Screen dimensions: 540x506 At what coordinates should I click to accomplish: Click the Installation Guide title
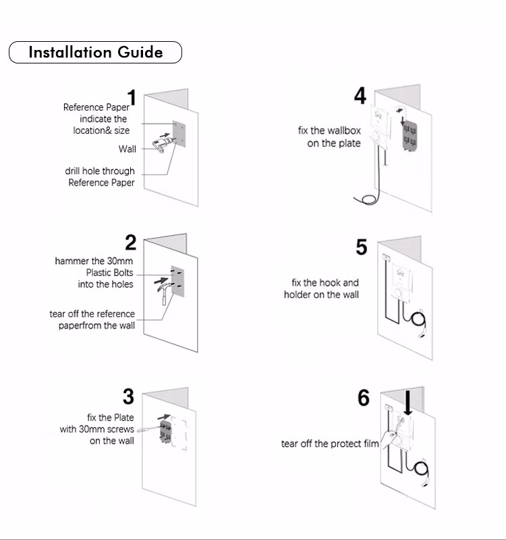[x=95, y=53]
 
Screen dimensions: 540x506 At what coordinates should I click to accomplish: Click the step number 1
[x=132, y=99]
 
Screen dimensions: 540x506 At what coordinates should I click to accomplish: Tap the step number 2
[x=131, y=243]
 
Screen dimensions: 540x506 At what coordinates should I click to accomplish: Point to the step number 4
[x=360, y=97]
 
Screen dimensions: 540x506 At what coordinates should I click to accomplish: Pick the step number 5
[x=362, y=247]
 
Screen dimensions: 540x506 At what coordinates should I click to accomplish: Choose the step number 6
[x=363, y=398]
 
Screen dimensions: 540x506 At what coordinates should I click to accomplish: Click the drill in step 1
[x=163, y=144]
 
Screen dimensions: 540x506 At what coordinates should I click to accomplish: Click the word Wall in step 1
[x=128, y=149]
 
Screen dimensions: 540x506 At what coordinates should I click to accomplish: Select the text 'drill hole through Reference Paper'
[x=100, y=177]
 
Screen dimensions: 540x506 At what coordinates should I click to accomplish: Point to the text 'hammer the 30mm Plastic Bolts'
[x=94, y=272]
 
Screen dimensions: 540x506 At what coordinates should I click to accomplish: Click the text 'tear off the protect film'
[x=331, y=443]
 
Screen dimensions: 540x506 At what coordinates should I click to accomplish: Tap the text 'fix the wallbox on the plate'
[x=329, y=137]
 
